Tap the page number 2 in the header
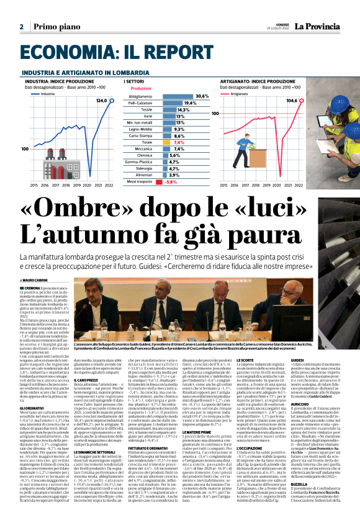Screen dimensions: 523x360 [x=21, y=27]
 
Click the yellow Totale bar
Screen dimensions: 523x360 [x=159, y=142]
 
